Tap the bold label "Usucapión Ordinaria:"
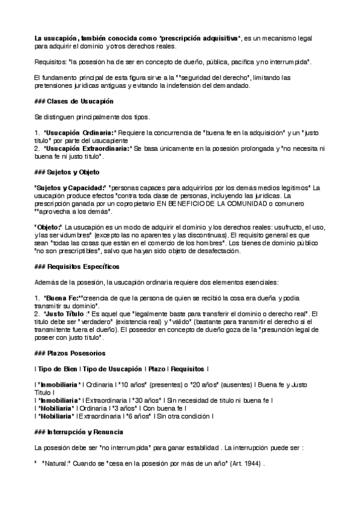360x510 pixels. coord(79,132)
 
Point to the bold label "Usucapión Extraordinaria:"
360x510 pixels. coord(87,148)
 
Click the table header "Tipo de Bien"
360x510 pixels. coord(56,368)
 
